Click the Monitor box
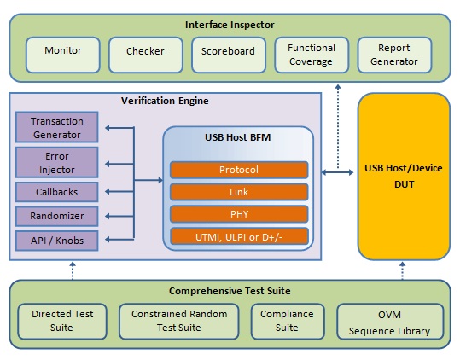tap(63, 55)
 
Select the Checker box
tap(146, 55)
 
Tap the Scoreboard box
tap(229, 55)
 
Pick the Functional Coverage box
tap(312, 55)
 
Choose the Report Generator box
tap(394, 55)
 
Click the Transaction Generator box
tap(57, 127)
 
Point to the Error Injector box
tap(57, 162)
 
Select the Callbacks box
tap(57, 192)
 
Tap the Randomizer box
tap(57, 216)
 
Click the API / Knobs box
tap(57, 241)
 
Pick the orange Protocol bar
tap(239, 170)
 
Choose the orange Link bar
tap(239, 192)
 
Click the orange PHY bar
tap(239, 214)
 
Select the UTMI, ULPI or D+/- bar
tap(239, 236)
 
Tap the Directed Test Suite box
tap(62, 322)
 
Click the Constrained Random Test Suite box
tap(179, 322)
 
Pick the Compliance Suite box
tap(288, 322)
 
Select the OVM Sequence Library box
tap(390, 322)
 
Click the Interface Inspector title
tap(230, 25)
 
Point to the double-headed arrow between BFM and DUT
tap(337, 172)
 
